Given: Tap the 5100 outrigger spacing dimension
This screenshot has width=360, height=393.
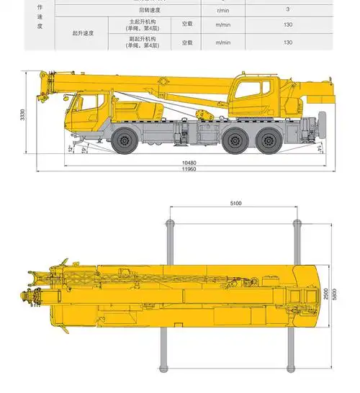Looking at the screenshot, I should pyautogui.click(x=235, y=204).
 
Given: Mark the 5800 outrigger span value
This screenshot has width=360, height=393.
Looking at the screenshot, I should pyautogui.click(x=336, y=294).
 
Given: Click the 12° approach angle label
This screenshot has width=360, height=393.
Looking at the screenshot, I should pyautogui.click(x=70, y=149).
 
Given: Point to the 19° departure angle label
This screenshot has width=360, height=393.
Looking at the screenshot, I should pyautogui.click(x=84, y=150).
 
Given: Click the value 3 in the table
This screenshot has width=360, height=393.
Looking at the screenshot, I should pyautogui.click(x=287, y=9).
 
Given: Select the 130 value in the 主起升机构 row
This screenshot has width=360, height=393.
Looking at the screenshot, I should pyautogui.click(x=287, y=24).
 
